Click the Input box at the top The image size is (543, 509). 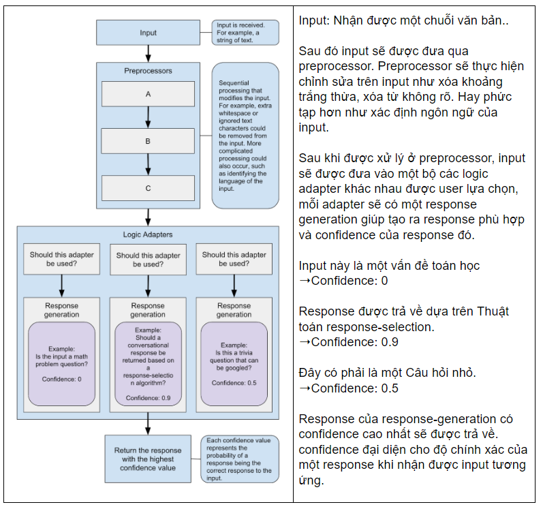coord(148,33)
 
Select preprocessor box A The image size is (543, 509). coord(148,95)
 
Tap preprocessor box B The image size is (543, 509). coord(148,141)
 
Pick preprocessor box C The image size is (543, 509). coord(148,188)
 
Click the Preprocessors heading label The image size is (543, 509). coord(148,71)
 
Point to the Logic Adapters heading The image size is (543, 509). coord(148,234)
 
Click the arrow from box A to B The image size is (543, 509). coord(148,118)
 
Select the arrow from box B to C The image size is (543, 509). coord(148,164)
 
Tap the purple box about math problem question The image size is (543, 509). coord(61,365)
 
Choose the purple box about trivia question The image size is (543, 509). coord(234,365)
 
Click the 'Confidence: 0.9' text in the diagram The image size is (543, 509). coord(148,397)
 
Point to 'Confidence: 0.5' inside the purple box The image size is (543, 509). coord(234,383)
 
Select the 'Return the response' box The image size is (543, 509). coord(148,459)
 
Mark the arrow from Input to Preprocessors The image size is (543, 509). coord(148,54)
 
